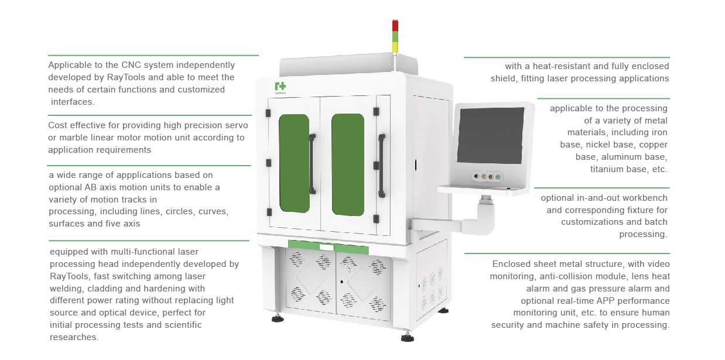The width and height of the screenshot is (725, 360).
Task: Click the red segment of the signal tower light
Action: click(x=395, y=26)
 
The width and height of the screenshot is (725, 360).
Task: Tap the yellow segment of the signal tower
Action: click(x=395, y=47)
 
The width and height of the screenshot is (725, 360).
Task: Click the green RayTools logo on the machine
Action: click(x=281, y=87)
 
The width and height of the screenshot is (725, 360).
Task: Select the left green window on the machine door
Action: click(x=294, y=163)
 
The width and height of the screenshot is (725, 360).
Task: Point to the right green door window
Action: click(x=348, y=164)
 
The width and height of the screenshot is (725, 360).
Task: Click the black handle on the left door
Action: click(x=312, y=164)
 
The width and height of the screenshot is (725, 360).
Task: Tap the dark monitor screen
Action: click(x=491, y=136)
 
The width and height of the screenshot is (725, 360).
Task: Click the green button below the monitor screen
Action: click(x=498, y=177)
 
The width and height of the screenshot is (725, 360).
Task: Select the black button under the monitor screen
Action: click(x=476, y=176)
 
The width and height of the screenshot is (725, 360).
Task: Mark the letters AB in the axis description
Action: click(x=91, y=187)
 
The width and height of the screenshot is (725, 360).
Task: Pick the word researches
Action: click(x=74, y=337)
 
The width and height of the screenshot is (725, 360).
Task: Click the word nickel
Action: click(x=595, y=145)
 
